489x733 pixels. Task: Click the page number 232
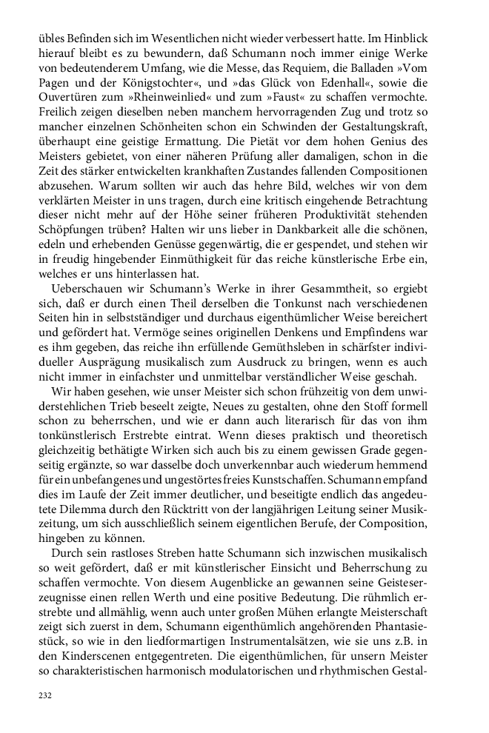(45, 697)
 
